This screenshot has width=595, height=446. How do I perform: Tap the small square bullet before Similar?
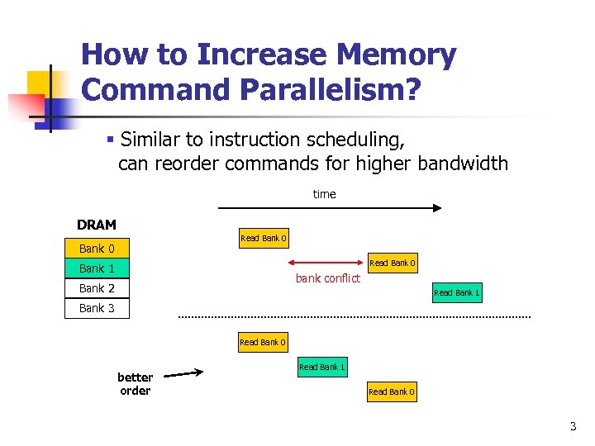click(x=109, y=138)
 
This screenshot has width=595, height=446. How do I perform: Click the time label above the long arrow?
click(x=324, y=194)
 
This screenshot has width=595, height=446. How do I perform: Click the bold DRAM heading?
click(x=97, y=225)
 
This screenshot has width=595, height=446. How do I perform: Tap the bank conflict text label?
click(x=328, y=278)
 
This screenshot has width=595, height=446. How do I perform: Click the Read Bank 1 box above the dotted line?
click(x=456, y=292)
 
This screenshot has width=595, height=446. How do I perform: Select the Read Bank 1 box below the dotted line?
click(x=321, y=367)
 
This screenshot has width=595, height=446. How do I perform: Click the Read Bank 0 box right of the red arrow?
click(x=392, y=263)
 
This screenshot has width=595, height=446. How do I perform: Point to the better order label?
click(x=135, y=384)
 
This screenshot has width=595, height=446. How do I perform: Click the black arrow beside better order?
click(x=189, y=373)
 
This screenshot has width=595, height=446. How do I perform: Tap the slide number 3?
click(x=572, y=427)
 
